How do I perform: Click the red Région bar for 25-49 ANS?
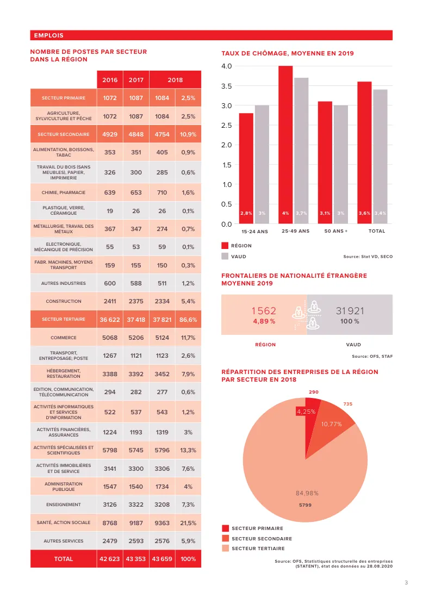[x=285, y=145]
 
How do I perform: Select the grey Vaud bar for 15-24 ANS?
[x=262, y=165]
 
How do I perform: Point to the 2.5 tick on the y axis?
[x=227, y=126]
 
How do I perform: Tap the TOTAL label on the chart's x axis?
[x=376, y=231]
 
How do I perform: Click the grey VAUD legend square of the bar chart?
[x=225, y=256]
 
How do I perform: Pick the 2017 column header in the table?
[x=136, y=80]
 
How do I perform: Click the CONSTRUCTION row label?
[x=63, y=301]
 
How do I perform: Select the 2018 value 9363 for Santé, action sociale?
[x=162, y=523]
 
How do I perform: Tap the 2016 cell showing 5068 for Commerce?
[x=110, y=338]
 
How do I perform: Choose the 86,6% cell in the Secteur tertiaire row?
[x=188, y=320]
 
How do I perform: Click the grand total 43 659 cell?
[x=162, y=559]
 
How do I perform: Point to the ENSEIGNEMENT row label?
[x=63, y=504]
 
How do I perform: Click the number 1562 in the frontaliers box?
[x=264, y=311]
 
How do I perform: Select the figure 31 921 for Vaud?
[x=350, y=311]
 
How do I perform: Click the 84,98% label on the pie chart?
[x=307, y=493]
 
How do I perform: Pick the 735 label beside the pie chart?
[x=348, y=404]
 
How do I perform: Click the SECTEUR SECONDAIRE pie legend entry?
[x=262, y=539]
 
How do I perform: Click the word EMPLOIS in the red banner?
[x=49, y=35]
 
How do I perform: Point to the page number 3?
[x=406, y=582]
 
